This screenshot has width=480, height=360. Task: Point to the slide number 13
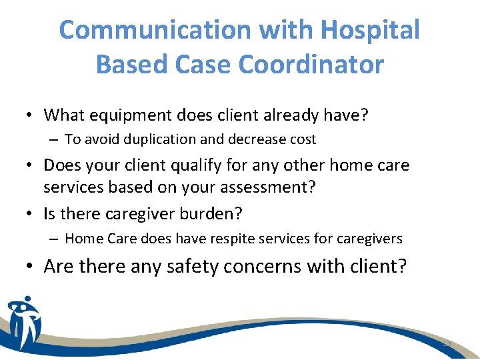pos(447,343)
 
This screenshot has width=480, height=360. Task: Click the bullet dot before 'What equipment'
pos(31,116)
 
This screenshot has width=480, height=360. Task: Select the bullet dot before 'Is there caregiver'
pos(31,214)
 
